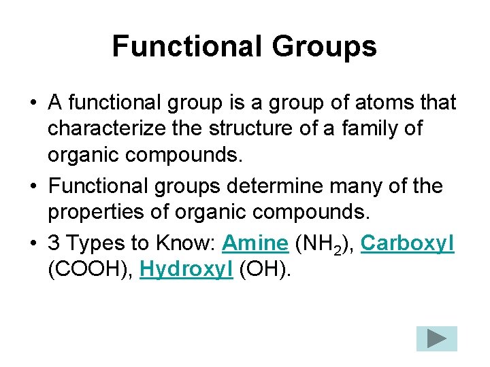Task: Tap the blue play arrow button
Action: tap(437, 338)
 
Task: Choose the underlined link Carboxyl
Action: tap(408, 243)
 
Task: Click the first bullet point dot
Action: tap(33, 103)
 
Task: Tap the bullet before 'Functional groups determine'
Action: tap(33, 186)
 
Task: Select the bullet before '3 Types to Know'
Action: tap(33, 243)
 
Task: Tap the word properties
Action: tap(95, 212)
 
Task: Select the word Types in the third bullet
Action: tap(91, 243)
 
